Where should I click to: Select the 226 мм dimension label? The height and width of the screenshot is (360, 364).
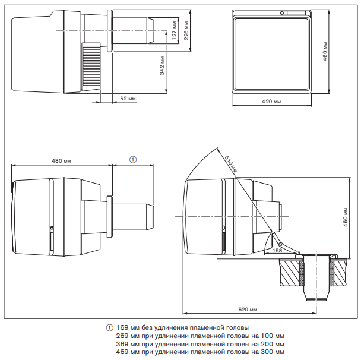[187, 26]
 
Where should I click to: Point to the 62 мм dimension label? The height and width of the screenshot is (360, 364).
[128, 97]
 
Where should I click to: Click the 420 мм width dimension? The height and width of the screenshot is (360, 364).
[271, 102]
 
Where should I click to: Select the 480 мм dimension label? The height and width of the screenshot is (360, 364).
[62, 160]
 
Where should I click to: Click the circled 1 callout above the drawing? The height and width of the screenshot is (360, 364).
[133, 159]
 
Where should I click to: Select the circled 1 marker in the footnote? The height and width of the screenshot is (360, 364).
[109, 328]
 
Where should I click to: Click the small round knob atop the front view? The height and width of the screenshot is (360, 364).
[283, 12]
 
